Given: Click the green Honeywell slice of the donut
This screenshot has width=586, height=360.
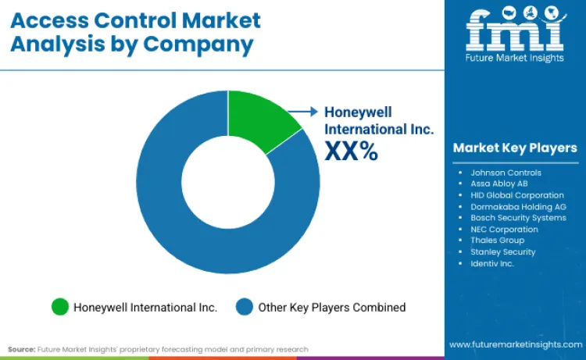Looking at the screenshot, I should click(x=259, y=124).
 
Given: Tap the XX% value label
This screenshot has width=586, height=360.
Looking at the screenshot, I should click(x=352, y=151).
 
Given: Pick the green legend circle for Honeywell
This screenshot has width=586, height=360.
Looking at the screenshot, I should click(x=59, y=307).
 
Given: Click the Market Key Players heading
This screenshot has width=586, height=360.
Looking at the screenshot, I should click(x=515, y=148).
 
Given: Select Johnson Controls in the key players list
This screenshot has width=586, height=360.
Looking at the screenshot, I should click(x=505, y=172).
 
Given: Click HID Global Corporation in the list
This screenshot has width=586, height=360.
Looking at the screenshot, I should click(x=516, y=195).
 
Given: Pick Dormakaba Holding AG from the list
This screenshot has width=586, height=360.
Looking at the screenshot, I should click(x=518, y=206).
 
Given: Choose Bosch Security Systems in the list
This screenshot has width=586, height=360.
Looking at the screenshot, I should click(x=518, y=218).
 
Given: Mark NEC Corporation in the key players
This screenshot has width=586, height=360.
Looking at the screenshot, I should click(x=504, y=230).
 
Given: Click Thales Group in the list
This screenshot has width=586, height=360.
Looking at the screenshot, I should click(x=497, y=241).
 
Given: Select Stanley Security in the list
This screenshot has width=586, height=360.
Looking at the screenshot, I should click(x=502, y=252).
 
